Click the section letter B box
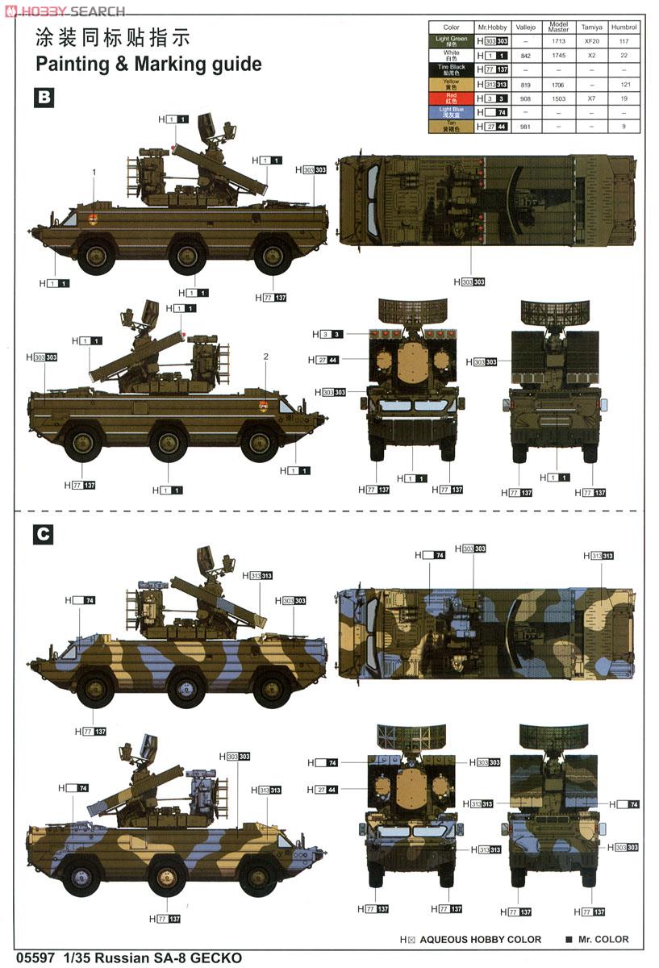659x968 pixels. pos(44,98)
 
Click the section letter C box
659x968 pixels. pos(44,534)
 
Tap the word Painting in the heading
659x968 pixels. pos(73,65)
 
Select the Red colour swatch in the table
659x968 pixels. pos(452,98)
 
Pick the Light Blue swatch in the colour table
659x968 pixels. pos(452,112)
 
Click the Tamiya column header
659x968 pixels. pos(591,27)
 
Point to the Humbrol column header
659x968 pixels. pos(624,27)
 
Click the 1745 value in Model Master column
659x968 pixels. pos(558,55)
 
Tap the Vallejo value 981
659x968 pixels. pos(525,127)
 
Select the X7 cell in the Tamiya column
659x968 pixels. pos(591,98)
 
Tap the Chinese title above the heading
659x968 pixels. pos(112,38)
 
